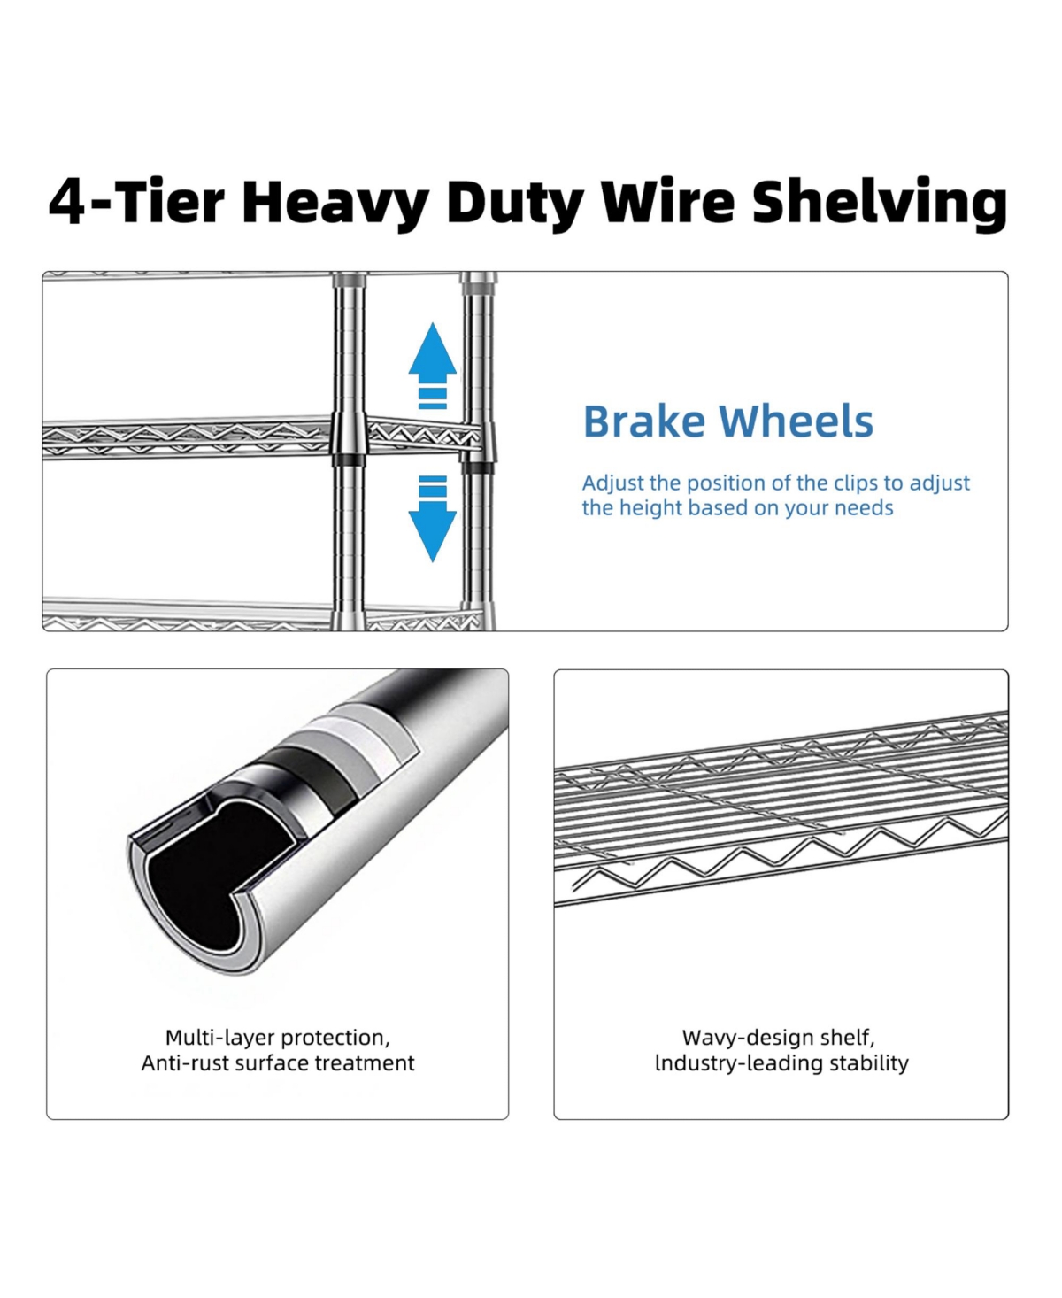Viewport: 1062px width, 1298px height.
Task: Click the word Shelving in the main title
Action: (880, 203)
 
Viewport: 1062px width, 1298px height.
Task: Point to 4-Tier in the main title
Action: (136, 203)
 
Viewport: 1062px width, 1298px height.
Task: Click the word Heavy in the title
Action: (335, 203)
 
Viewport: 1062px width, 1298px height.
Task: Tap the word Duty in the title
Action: (514, 203)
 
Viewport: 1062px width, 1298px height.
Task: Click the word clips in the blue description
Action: (855, 483)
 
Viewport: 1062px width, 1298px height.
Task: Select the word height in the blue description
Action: (650, 508)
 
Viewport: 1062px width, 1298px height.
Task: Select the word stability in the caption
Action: (867, 1063)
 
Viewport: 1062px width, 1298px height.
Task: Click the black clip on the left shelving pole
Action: (348, 460)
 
